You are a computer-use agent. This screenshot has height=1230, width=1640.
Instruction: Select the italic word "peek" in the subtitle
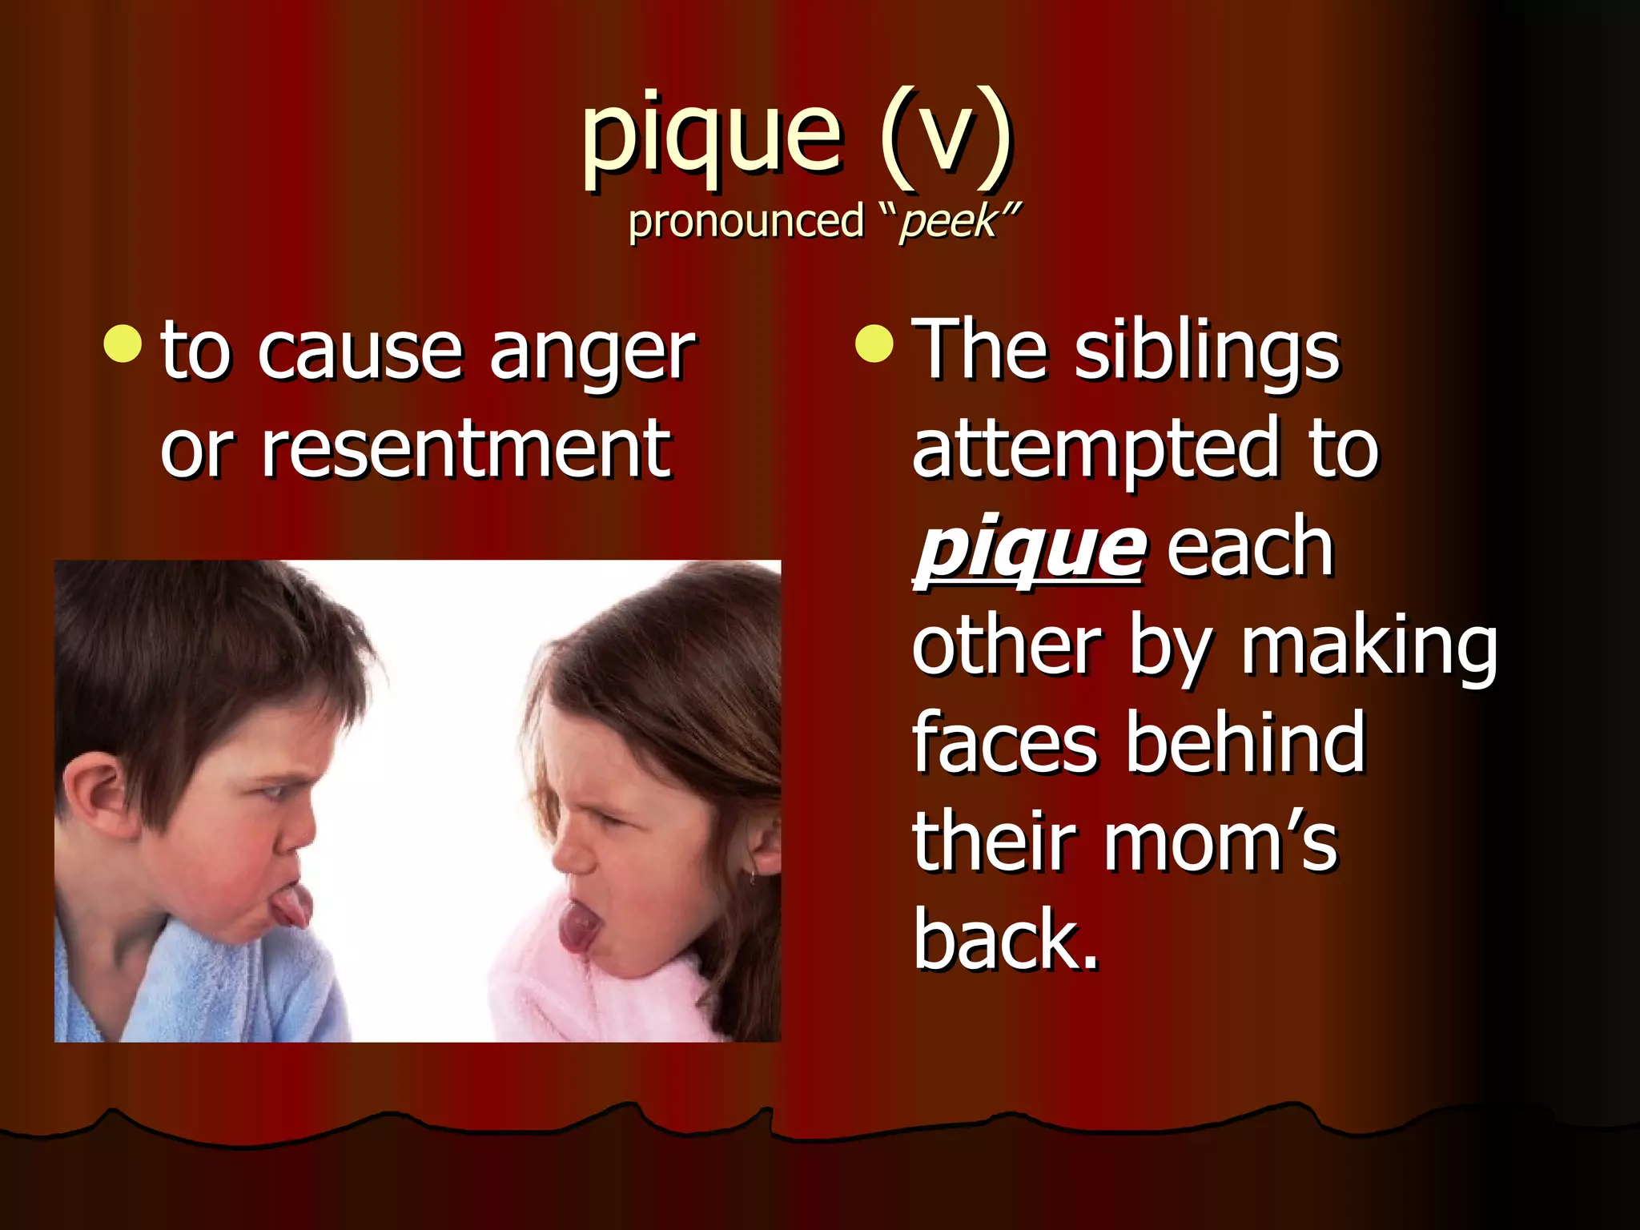pos(948,221)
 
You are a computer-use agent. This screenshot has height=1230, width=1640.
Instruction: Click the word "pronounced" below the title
pos(746,221)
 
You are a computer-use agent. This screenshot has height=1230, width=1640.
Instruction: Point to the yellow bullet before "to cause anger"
pos(123,344)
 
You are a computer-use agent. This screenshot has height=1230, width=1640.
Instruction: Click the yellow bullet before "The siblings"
pos(874,344)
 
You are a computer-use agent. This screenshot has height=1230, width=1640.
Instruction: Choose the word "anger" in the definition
pos(593,352)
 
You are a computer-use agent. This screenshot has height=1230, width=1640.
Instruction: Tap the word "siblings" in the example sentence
pos(1207,352)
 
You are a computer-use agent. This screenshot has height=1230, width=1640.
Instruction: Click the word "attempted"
pos(1094,450)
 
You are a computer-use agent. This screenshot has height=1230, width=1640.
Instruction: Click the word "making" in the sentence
pos(1369,647)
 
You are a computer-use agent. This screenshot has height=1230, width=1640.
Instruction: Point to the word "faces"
pos(1004,743)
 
